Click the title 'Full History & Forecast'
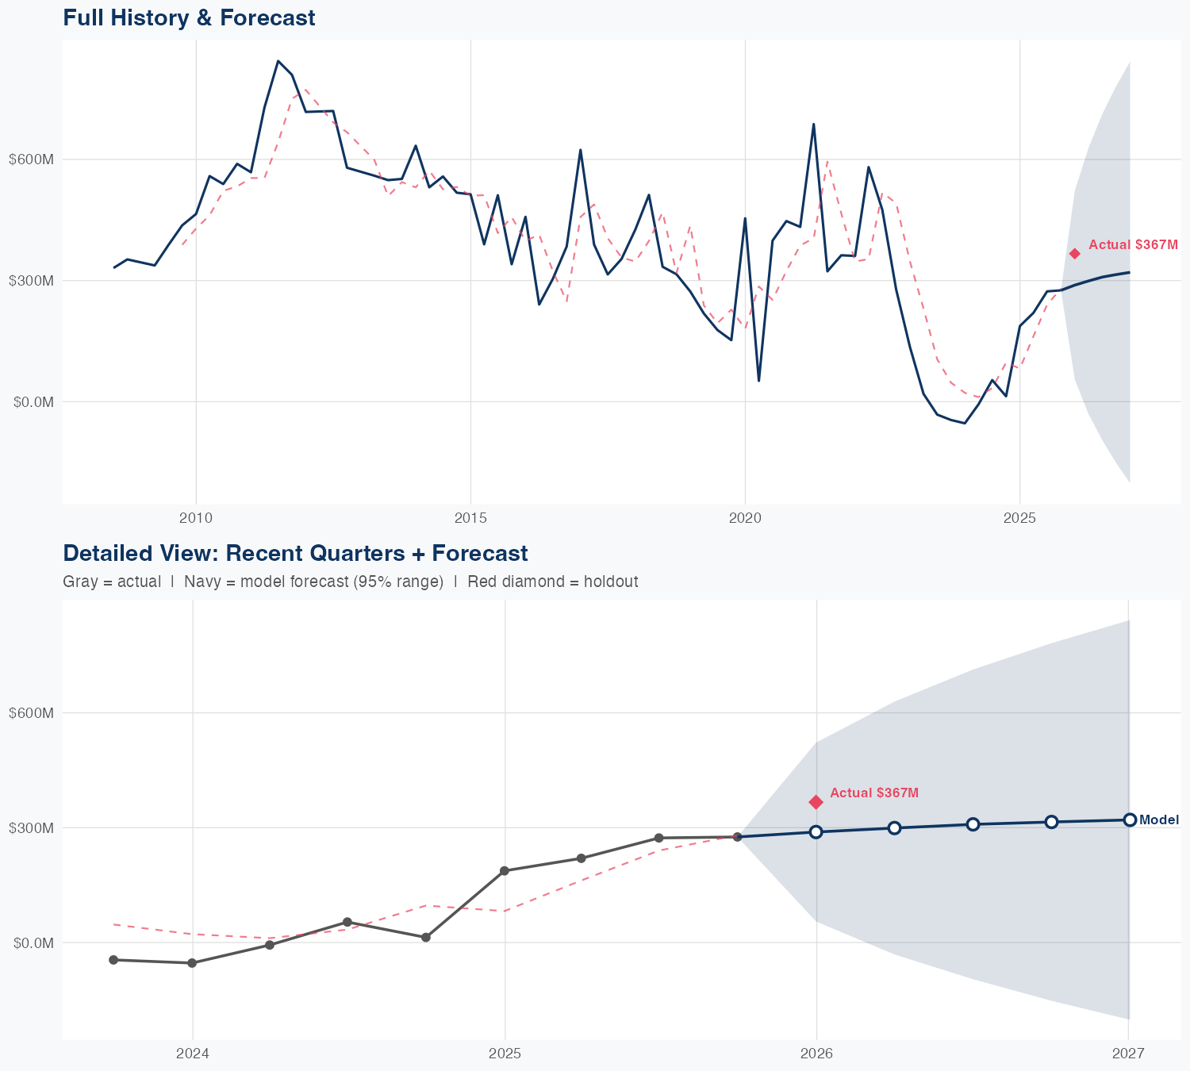pos(189,17)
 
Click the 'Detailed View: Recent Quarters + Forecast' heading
pos(295,553)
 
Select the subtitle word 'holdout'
pos(611,582)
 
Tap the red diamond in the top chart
pos(1075,254)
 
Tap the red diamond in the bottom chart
pos(816,802)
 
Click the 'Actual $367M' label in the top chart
pos(1133,245)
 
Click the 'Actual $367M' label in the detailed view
pos(874,793)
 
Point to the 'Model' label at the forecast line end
pos(1159,820)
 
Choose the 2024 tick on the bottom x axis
pos(192,1054)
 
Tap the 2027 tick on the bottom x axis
pos(1128,1054)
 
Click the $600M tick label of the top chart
pos(32,159)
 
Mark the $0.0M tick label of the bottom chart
pos(33,943)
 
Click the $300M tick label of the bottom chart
pos(32,828)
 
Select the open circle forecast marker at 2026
pos(816,832)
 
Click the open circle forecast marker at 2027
pos(1130,820)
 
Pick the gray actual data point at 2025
pos(504,871)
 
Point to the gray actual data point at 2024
pos(192,963)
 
